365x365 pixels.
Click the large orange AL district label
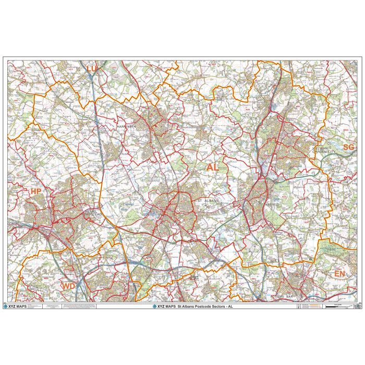tap(212, 167)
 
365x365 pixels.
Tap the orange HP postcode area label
tap(35, 192)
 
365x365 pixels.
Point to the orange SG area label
tap(348, 148)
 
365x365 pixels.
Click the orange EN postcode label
tap(340, 273)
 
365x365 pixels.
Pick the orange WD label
tap(68, 286)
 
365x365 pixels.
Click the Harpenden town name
tap(127, 127)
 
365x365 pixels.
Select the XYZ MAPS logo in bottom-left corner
tap(17, 307)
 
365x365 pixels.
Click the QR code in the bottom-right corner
tap(356, 307)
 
